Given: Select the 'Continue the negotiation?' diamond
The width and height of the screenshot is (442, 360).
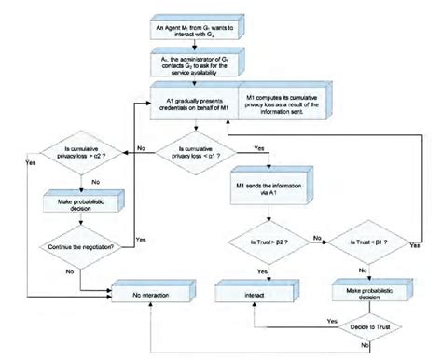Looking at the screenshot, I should (77, 247).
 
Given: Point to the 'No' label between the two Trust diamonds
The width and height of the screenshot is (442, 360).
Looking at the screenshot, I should (319, 238).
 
